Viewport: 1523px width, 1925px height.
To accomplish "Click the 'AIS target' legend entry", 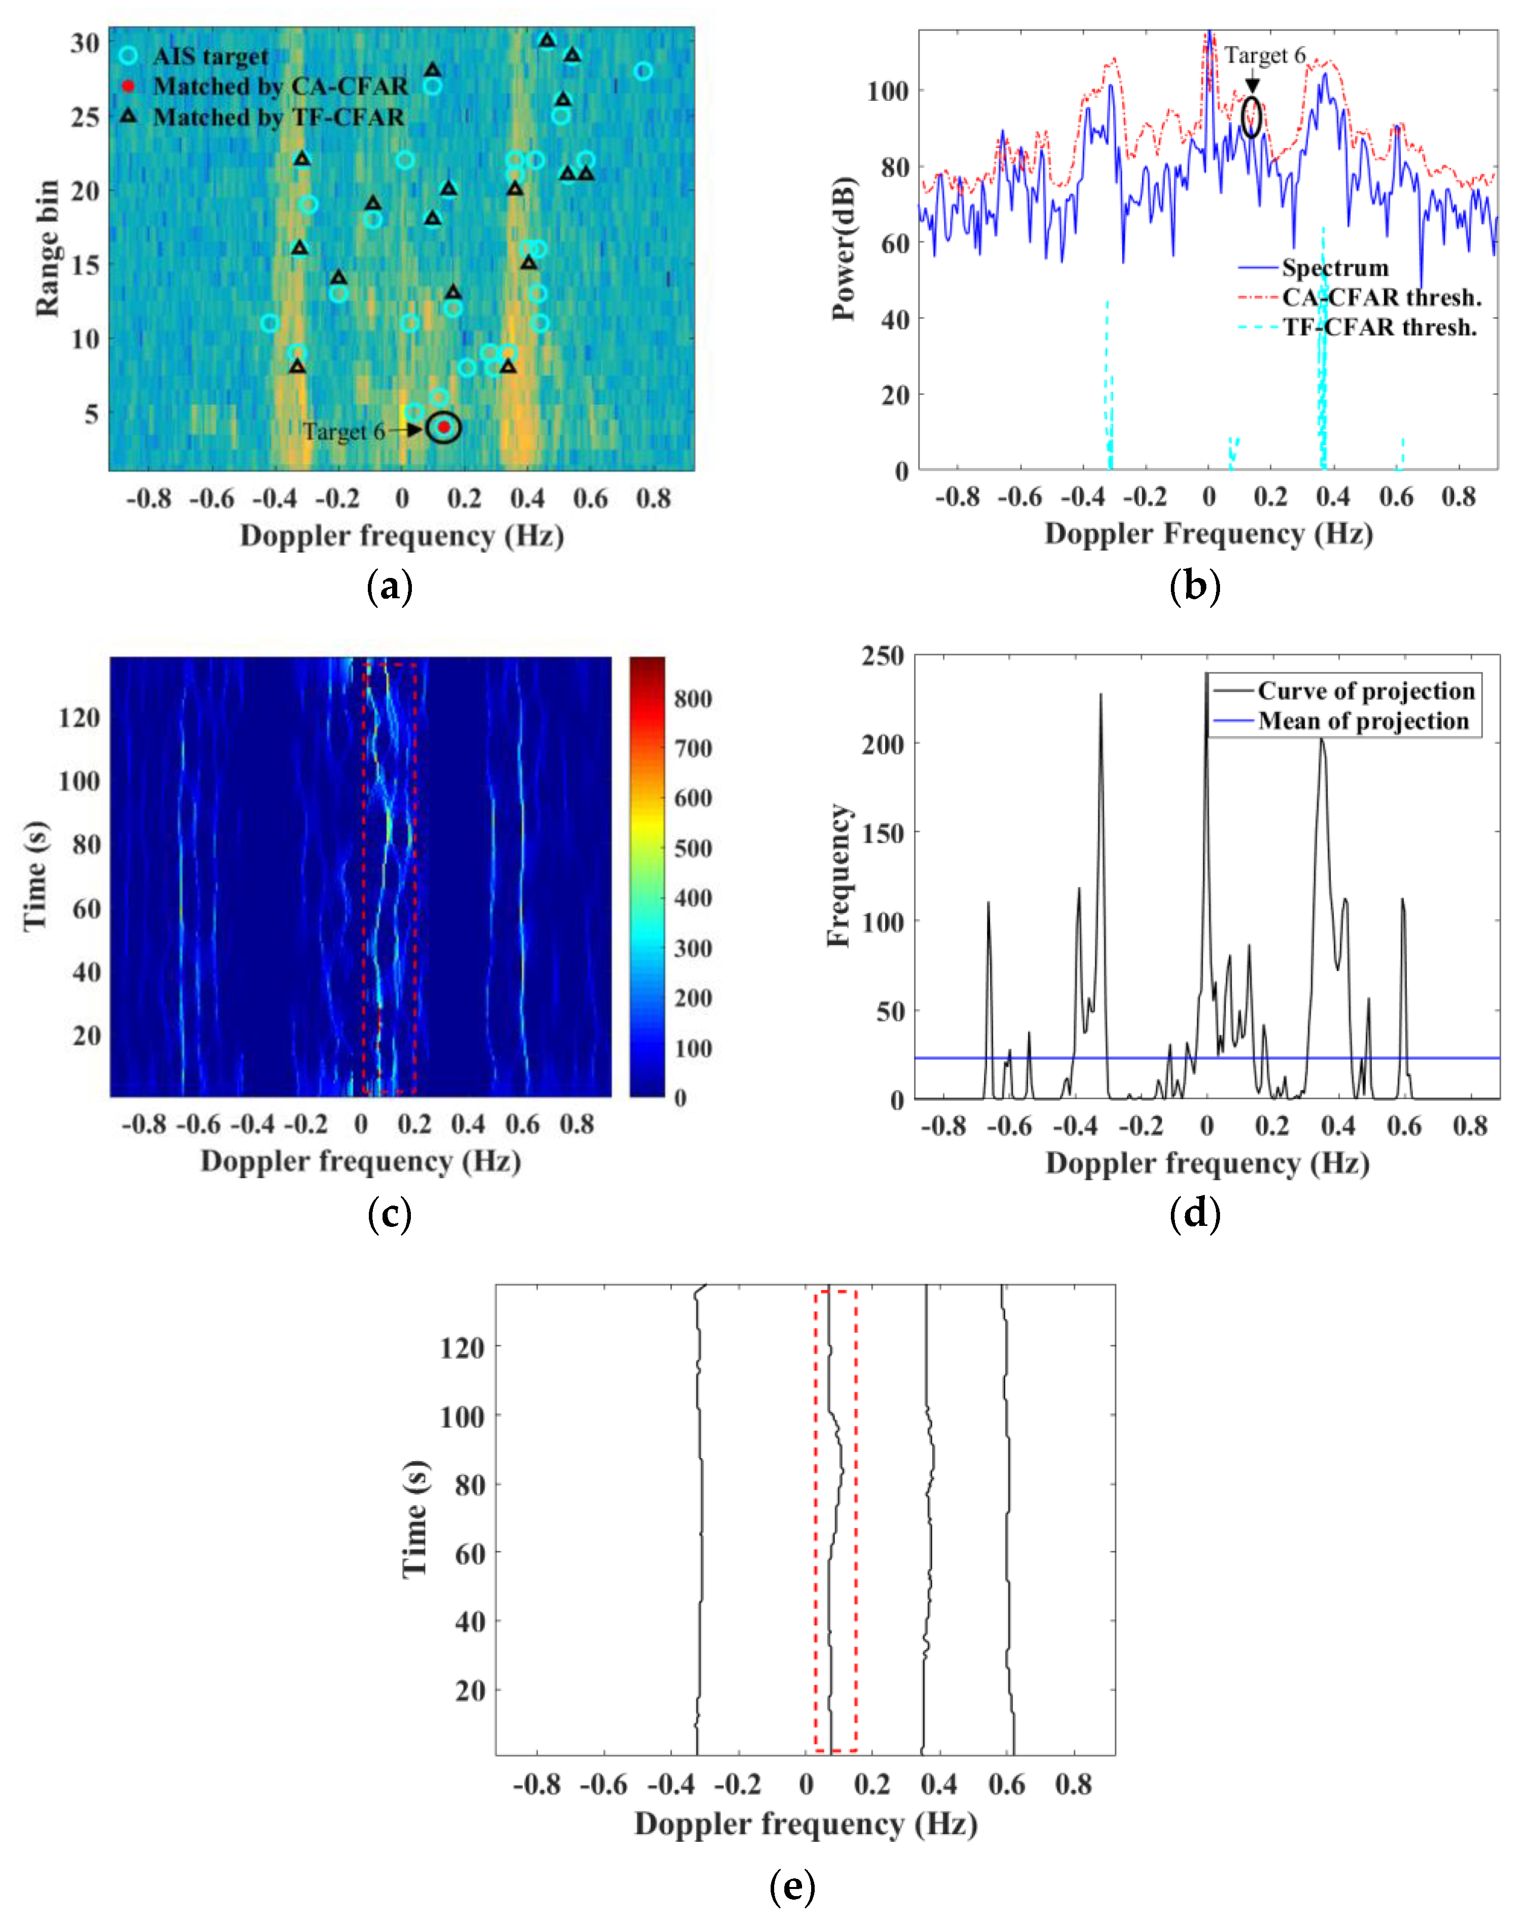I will pyautogui.click(x=210, y=56).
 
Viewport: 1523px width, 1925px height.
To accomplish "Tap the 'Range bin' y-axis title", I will pyautogui.click(x=47, y=248).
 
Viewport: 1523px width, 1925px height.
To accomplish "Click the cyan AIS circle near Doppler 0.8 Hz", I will pyautogui.click(x=643, y=71).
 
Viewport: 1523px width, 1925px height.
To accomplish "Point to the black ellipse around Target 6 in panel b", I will pyautogui.click(x=1252, y=117).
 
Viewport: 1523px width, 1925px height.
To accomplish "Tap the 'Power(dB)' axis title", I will pyautogui.click(x=844, y=248).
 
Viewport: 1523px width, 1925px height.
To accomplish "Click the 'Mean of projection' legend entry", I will pyautogui.click(x=1362, y=721).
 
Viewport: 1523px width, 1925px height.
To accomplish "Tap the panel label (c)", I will pyautogui.click(x=390, y=1215).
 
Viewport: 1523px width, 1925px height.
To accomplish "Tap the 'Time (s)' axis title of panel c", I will pyautogui.click(x=35, y=877).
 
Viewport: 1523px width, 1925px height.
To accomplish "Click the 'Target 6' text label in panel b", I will pyautogui.click(x=1265, y=55).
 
